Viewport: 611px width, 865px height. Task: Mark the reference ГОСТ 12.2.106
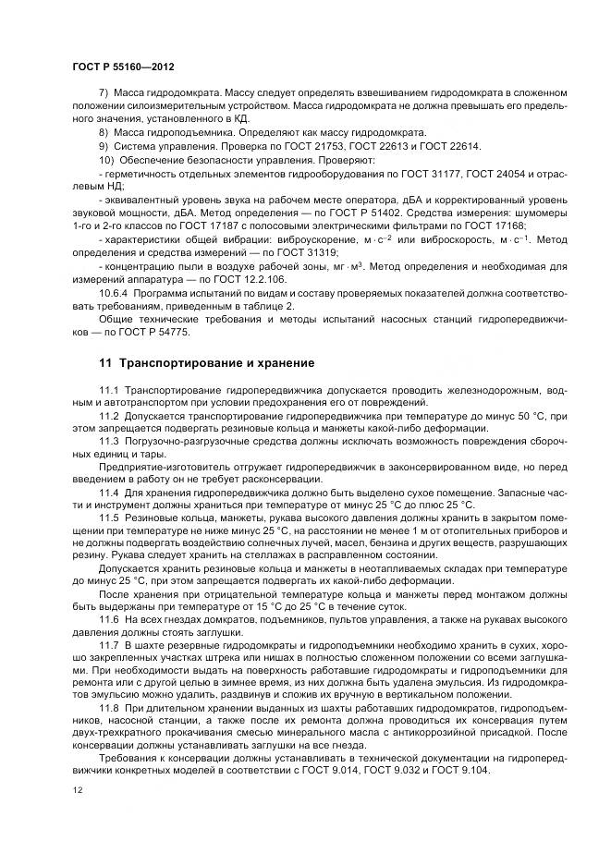(x=254, y=277)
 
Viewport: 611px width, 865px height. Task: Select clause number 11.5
(x=109, y=518)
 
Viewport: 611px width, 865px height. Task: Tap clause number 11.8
(x=109, y=704)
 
